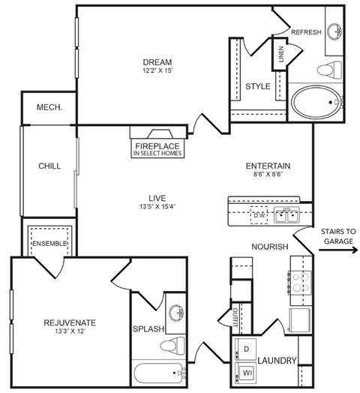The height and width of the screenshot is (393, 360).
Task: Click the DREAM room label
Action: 158,61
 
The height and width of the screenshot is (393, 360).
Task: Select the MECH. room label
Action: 49,107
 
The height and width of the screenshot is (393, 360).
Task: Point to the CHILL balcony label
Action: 49,166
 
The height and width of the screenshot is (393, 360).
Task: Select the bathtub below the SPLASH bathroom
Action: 160,373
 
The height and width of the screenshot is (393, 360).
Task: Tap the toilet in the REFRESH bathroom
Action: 327,71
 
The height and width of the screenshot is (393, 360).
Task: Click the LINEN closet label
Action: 281,55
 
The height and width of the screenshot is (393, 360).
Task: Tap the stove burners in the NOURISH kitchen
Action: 301,282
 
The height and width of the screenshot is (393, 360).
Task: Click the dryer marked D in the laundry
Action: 246,349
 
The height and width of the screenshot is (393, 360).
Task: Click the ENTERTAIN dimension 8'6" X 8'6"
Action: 268,177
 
